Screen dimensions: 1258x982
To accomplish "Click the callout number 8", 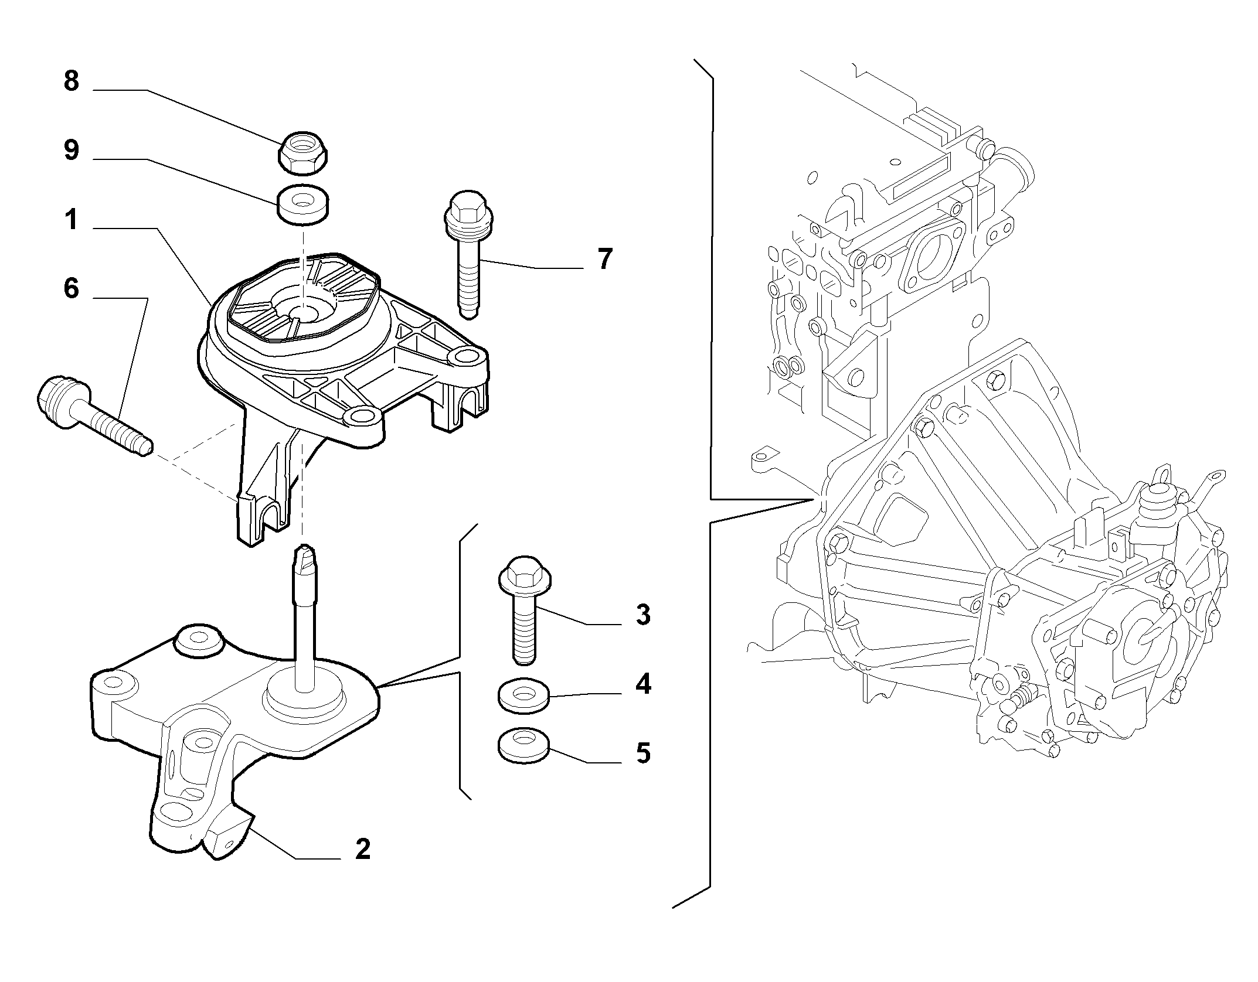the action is (72, 81).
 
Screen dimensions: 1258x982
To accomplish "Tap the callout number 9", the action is (72, 151).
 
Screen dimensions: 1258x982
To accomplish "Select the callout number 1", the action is (72, 220).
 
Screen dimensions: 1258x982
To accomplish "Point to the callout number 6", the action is (72, 289).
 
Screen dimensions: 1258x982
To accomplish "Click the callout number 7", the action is (604, 258).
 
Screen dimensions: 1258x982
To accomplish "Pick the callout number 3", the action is (643, 615).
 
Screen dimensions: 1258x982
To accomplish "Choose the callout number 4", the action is (643, 684).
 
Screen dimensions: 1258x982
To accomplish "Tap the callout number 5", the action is (643, 753).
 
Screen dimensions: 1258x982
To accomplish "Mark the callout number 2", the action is (363, 849).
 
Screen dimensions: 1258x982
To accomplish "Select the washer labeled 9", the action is (302, 206).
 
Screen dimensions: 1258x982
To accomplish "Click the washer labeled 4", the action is (523, 695).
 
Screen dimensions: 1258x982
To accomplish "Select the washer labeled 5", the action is (523, 746).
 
